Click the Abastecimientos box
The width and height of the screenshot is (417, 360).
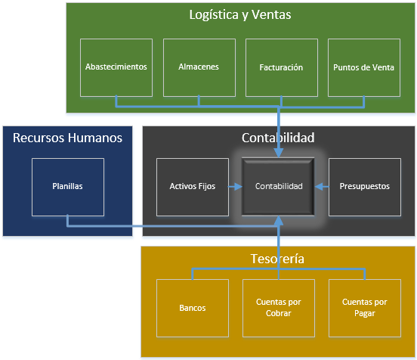click(x=116, y=67)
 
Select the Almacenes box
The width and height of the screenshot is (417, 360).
click(x=199, y=67)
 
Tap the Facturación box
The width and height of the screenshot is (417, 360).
click(x=281, y=67)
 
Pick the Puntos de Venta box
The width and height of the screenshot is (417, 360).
click(x=363, y=67)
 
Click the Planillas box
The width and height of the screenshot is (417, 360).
click(x=68, y=186)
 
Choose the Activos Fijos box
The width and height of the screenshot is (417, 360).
click(x=192, y=186)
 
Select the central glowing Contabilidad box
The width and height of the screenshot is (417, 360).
click(x=279, y=186)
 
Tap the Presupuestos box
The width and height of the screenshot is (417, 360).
click(x=365, y=186)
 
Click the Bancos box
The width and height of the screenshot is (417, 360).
click(x=193, y=308)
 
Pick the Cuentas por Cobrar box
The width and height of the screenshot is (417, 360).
click(x=279, y=308)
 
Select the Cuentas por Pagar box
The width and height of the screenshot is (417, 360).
click(x=365, y=308)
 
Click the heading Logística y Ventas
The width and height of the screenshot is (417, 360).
click(x=240, y=15)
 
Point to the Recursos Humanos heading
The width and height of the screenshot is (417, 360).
click(x=67, y=138)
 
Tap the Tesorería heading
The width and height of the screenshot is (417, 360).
click(x=278, y=259)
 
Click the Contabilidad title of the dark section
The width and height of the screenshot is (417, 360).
click(x=278, y=138)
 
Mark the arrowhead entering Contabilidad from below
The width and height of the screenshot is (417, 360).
click(x=279, y=219)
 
